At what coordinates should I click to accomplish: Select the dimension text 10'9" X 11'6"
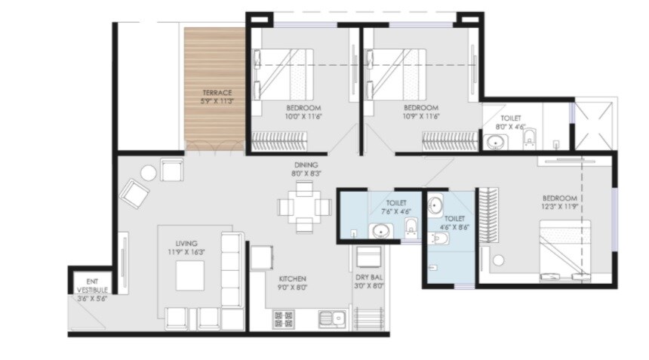(x=421, y=116)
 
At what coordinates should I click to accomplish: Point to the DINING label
(x=306, y=165)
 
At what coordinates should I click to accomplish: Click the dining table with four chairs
(x=303, y=205)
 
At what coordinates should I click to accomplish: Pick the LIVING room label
(x=186, y=243)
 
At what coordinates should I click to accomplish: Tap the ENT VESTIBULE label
(x=92, y=285)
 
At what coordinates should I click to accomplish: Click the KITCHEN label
(x=291, y=278)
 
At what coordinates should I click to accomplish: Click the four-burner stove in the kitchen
(x=284, y=319)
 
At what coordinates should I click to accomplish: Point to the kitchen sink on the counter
(x=331, y=319)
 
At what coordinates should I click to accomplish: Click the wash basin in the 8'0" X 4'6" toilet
(x=498, y=142)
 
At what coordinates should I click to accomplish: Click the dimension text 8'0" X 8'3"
(x=306, y=174)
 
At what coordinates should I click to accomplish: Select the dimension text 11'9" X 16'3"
(x=186, y=252)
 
